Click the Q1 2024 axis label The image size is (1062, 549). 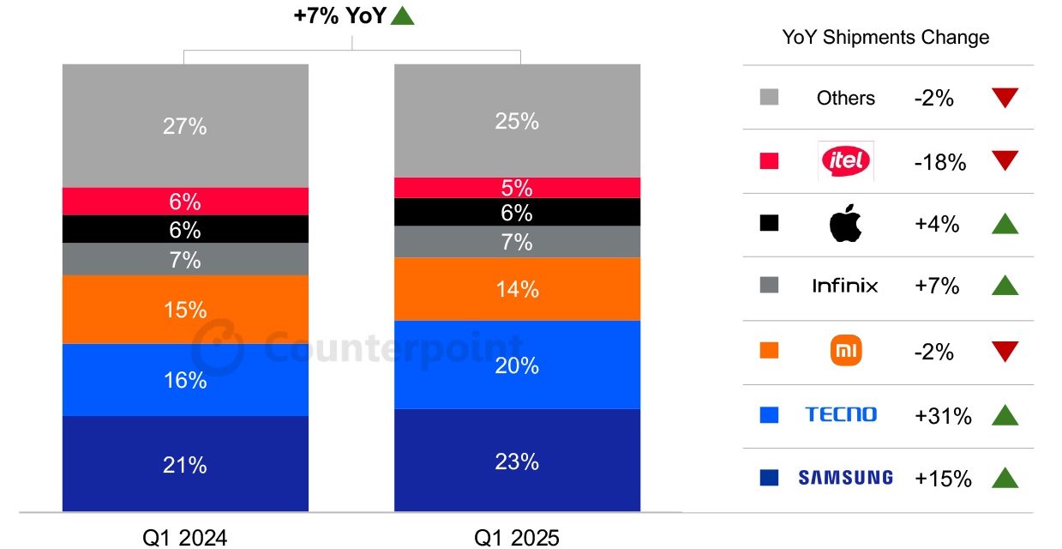tap(184, 537)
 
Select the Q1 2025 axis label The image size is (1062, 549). tap(516, 537)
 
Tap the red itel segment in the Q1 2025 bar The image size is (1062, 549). tap(517, 188)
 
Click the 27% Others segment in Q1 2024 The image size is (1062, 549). tap(185, 126)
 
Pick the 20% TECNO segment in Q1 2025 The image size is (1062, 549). tap(517, 365)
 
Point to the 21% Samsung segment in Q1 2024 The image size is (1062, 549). tap(185, 464)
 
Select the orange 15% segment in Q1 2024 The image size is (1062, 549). tap(185, 310)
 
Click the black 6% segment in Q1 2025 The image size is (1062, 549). tap(517, 213)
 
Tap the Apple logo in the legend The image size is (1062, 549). tap(845, 224)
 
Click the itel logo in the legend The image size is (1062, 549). tap(845, 160)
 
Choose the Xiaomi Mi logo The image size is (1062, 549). tap(845, 351)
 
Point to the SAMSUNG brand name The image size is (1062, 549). tap(845, 478)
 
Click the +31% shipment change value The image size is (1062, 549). tap(943, 416)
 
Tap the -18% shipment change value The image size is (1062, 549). tap(939, 161)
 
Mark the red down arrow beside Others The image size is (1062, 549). tap(1005, 98)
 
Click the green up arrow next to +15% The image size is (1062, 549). tap(1005, 478)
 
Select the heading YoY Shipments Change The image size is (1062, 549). tap(885, 38)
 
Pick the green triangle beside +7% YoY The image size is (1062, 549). tap(402, 16)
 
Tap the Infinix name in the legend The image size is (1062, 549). tap(845, 286)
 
